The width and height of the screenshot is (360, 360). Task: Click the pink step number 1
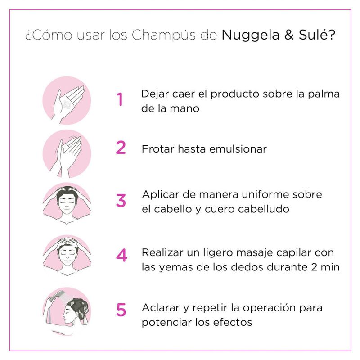[x=120, y=99]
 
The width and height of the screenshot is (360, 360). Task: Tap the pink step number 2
[x=121, y=147]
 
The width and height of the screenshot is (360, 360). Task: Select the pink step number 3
[x=121, y=200]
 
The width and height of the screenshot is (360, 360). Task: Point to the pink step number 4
[x=121, y=255]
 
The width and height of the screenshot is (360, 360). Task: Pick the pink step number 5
[x=121, y=310]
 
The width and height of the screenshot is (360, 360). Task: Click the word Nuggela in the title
[x=251, y=36]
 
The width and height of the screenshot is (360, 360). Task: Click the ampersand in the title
[x=289, y=35]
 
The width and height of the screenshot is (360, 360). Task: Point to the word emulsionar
[x=238, y=149]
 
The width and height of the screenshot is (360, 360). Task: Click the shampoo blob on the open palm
[x=67, y=104]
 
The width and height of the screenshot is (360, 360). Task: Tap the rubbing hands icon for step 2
[x=67, y=154]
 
